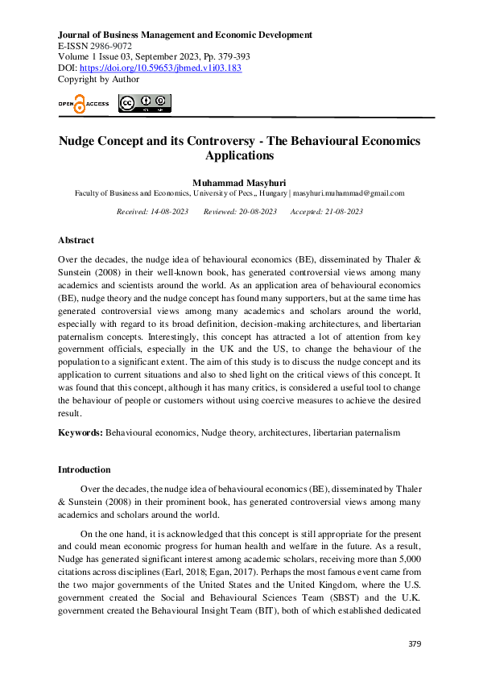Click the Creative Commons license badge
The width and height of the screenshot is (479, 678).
tap(145, 103)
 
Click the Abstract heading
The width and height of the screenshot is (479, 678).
tap(76, 240)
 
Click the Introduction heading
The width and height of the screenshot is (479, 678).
tap(85, 469)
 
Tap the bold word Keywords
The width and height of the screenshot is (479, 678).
tap(80, 433)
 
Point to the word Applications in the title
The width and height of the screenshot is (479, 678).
tap(239, 156)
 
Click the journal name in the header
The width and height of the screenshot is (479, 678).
tap(185, 35)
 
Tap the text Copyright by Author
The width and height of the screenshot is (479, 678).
tap(93, 80)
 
